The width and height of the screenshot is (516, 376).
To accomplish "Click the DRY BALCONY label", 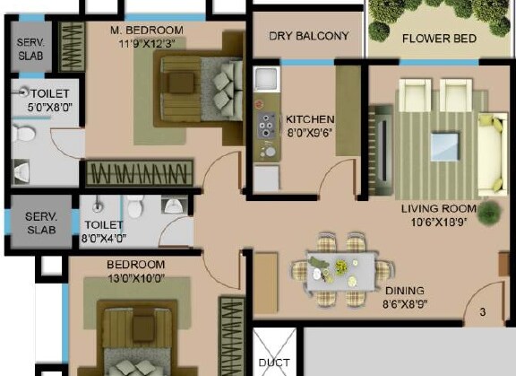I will point(309,37).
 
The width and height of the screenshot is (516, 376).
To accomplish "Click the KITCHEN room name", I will point(310,119).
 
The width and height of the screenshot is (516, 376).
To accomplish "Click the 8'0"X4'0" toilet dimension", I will point(104,238).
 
